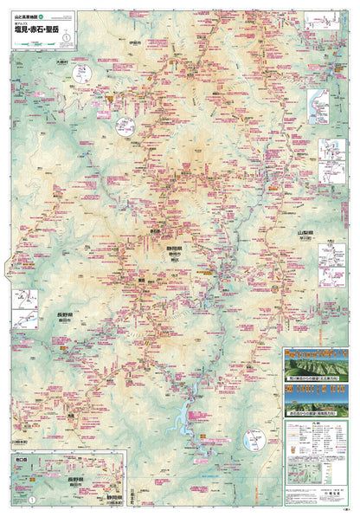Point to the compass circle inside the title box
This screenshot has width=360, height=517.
(x=64, y=37)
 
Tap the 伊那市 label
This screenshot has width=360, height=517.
(x=132, y=42)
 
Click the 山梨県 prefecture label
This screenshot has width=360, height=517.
(x=305, y=234)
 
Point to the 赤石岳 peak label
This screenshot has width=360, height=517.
(x=157, y=232)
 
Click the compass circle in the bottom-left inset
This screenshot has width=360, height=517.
(x=33, y=501)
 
